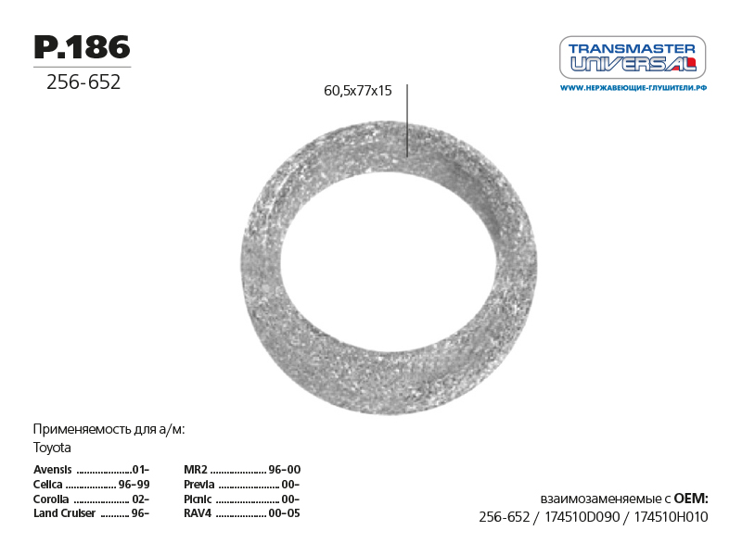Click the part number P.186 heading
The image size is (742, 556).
(82, 47)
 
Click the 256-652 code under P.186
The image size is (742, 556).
(83, 82)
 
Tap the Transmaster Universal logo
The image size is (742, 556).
(633, 57)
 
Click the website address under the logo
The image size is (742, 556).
(633, 88)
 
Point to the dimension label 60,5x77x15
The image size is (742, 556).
(358, 90)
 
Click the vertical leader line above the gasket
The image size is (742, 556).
(407, 120)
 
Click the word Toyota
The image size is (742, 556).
(52, 448)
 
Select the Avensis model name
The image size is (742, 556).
(53, 470)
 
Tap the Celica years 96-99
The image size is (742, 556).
(134, 485)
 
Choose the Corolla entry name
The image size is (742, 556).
(51, 499)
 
